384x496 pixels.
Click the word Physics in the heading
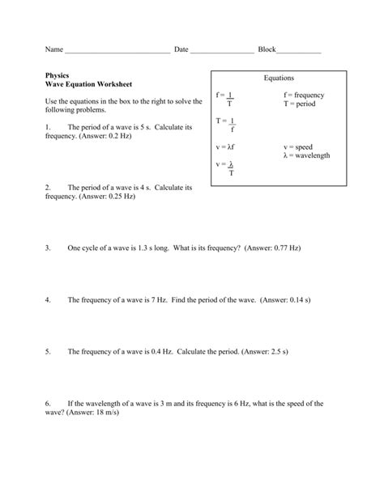pyautogui.click(x=58, y=75)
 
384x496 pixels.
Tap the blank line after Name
pyautogui.click(x=117, y=51)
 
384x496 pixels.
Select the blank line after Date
pyautogui.click(x=222, y=51)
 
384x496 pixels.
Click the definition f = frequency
pyautogui.click(x=304, y=95)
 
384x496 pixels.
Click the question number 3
pyautogui.click(x=49, y=250)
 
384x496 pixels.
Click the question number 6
pyautogui.click(x=49, y=402)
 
